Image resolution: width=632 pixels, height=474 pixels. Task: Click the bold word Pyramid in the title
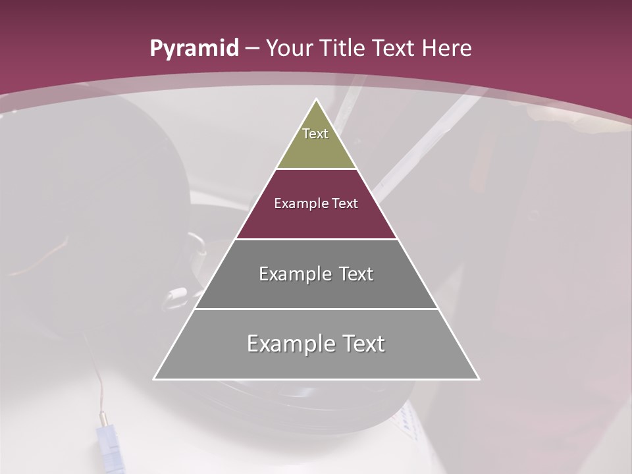tap(194, 49)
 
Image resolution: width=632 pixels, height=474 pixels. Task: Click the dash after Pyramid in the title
tap(251, 49)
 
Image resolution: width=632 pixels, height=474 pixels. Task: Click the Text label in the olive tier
tap(315, 134)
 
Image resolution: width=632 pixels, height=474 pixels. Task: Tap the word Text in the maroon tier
tap(345, 203)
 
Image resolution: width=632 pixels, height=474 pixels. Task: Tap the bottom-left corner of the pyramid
tap(155, 379)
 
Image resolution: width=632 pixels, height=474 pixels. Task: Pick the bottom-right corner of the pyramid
tap(479, 379)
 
